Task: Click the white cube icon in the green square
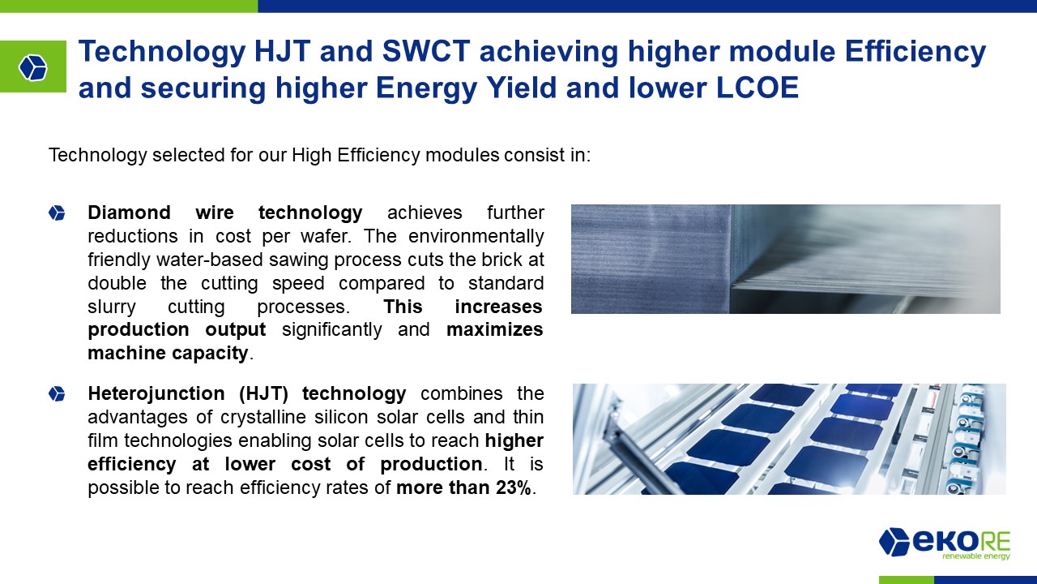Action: (x=33, y=67)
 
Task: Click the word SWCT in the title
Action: (x=426, y=51)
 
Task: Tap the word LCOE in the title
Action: (x=757, y=88)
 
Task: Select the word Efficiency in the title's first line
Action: (x=915, y=52)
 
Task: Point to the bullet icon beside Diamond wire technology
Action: (x=57, y=213)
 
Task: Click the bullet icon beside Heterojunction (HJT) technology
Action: (x=57, y=394)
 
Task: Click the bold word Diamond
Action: (x=129, y=213)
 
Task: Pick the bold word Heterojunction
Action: (x=156, y=393)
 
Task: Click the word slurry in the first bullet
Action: (x=112, y=307)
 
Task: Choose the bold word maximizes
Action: (x=494, y=329)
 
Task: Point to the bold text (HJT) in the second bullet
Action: (x=264, y=394)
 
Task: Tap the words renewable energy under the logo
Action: (x=976, y=556)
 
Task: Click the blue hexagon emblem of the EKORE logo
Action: (x=894, y=541)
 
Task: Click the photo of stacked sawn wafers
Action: (x=786, y=259)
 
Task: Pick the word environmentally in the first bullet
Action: (x=476, y=236)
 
